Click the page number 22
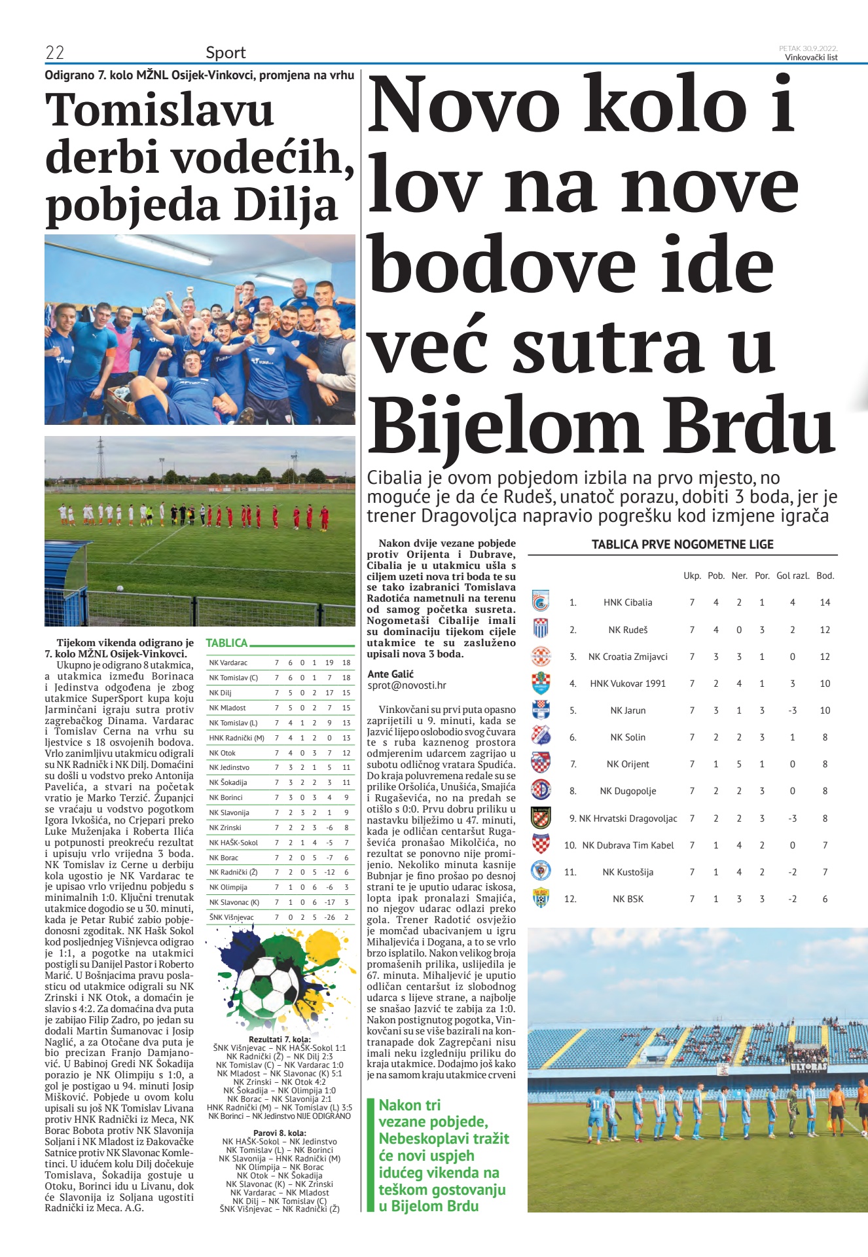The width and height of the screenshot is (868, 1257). (x=54, y=52)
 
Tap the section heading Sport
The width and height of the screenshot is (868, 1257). (x=225, y=52)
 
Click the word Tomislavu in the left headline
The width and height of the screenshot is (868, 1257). (x=159, y=110)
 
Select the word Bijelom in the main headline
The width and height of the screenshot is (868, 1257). (x=504, y=426)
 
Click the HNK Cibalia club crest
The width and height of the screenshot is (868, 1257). (x=541, y=601)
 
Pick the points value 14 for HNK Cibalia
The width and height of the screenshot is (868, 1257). (x=825, y=602)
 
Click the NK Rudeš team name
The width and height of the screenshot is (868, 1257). (x=628, y=630)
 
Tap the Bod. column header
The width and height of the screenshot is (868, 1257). (x=825, y=576)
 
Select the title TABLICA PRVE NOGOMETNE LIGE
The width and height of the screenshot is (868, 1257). (x=682, y=545)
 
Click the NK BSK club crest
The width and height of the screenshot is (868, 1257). (x=541, y=898)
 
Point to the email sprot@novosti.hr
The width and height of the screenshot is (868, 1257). (x=407, y=685)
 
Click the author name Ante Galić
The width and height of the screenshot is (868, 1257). (x=390, y=674)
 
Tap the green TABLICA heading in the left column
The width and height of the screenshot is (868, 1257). (x=226, y=643)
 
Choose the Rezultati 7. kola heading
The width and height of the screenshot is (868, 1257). (x=280, y=1039)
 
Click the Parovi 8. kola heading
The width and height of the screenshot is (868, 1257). (x=280, y=1133)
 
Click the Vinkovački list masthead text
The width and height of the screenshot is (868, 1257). (x=811, y=57)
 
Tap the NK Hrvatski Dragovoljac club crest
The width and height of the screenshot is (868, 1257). (x=541, y=817)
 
